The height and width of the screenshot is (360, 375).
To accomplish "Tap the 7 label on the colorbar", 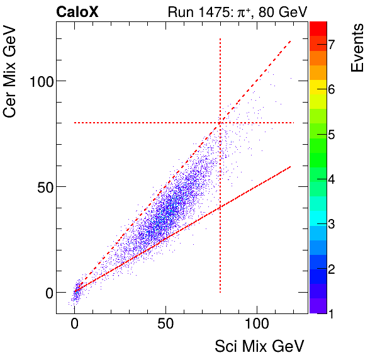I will pos(330,43).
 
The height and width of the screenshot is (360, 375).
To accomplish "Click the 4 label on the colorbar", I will pos(330,178).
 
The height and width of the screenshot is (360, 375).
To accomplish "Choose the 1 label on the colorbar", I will pos(330,313).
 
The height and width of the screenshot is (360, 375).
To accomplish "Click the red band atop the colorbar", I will pos(318,28).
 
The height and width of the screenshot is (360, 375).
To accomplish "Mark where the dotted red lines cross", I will pos(220,123).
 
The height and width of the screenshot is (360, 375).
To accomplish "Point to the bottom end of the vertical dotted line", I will pos(220,293).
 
